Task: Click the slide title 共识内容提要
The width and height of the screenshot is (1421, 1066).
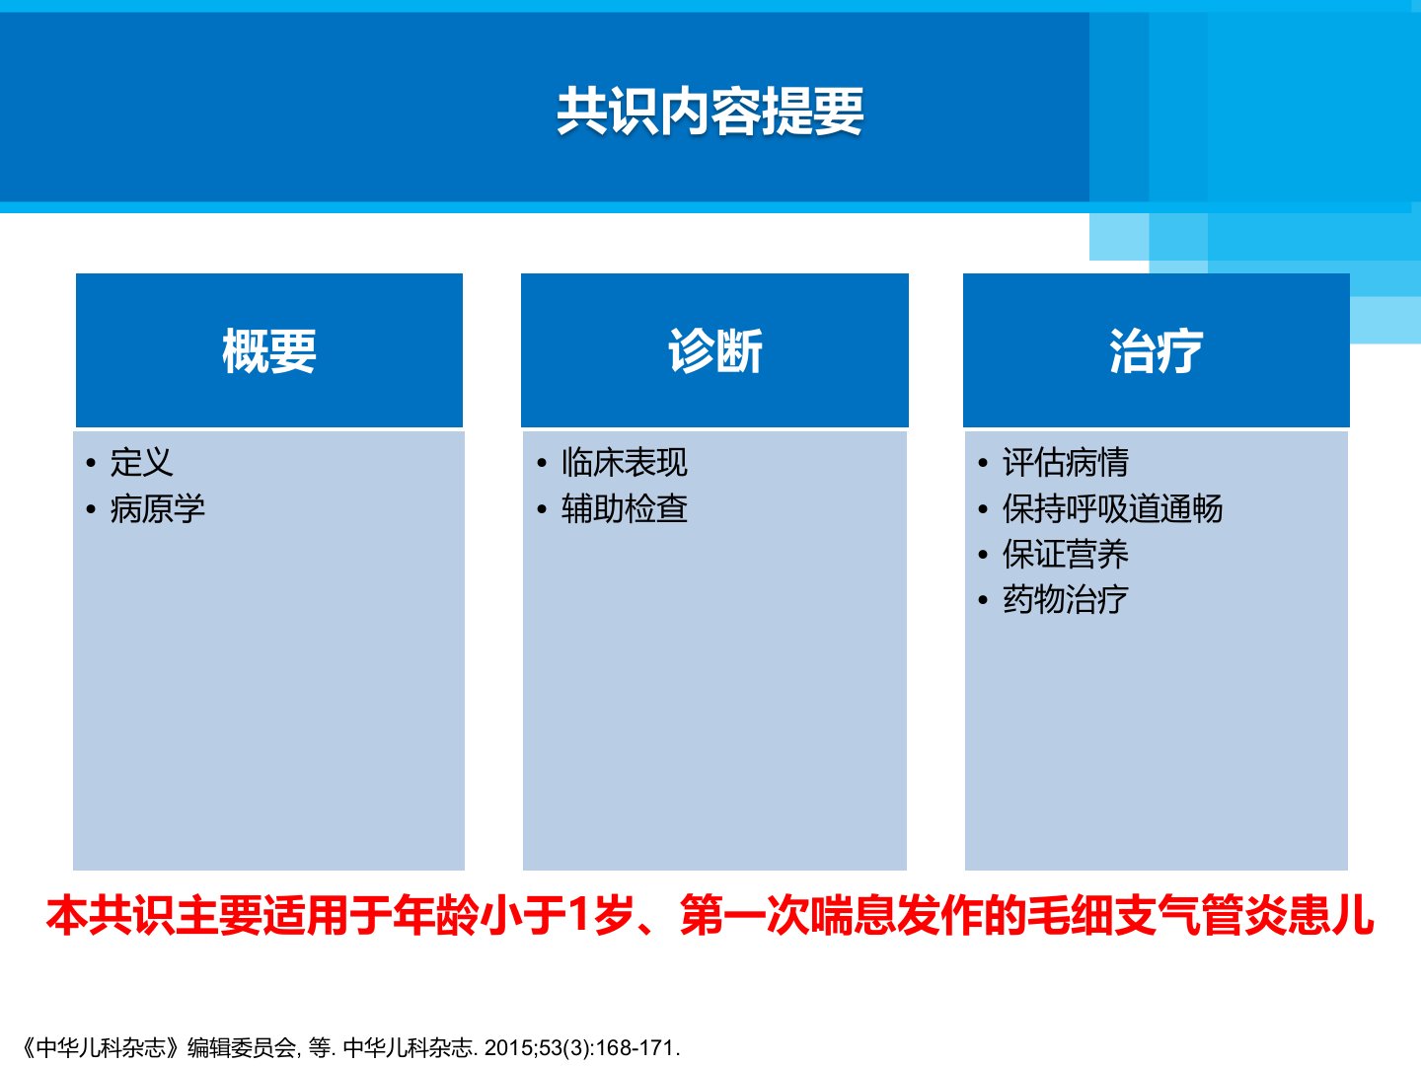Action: click(x=710, y=112)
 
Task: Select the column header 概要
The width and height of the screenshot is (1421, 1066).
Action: click(x=269, y=350)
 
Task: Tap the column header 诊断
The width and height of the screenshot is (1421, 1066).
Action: click(x=715, y=350)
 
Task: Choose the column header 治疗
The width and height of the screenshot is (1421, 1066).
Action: click(x=1157, y=350)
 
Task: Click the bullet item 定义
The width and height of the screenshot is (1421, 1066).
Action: click(x=142, y=462)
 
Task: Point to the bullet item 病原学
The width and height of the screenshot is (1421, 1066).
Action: click(x=157, y=508)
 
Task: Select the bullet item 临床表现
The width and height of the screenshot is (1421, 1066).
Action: click(x=625, y=462)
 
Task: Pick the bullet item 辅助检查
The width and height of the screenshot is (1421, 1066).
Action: click(x=625, y=508)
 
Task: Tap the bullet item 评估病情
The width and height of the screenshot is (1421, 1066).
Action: click(x=1066, y=462)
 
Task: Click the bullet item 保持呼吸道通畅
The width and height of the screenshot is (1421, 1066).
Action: click(x=1113, y=508)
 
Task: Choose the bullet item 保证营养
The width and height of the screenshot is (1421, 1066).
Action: click(x=1066, y=554)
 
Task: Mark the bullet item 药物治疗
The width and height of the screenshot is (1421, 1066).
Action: click(x=1066, y=599)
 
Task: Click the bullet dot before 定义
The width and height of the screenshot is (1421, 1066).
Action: click(x=91, y=464)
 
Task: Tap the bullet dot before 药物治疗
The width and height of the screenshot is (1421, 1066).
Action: click(x=983, y=601)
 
